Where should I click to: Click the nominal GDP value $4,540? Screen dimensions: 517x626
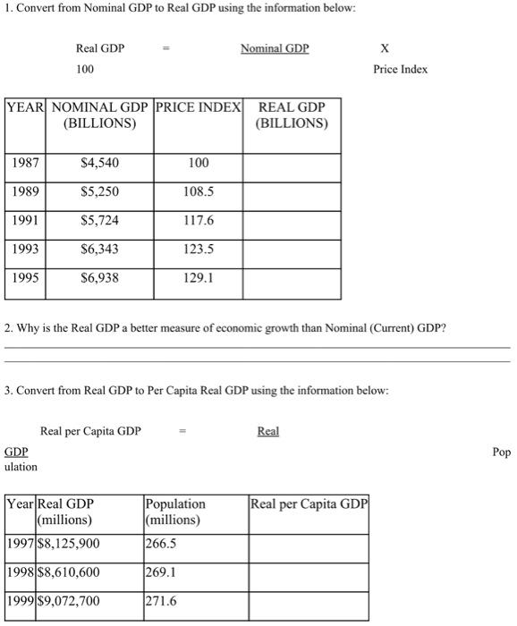(99, 163)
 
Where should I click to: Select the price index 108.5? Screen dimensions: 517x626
(199, 191)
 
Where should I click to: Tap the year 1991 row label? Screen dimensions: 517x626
(27, 220)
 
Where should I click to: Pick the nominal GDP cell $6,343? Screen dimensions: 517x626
(99, 249)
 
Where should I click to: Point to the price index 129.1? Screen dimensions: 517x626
(199, 278)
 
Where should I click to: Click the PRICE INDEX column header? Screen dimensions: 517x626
(199, 107)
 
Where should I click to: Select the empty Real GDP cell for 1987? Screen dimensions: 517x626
(292, 163)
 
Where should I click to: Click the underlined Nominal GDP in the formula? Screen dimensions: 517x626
(275, 48)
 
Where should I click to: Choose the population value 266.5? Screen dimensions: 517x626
(161, 543)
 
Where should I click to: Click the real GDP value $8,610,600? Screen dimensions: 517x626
(68, 571)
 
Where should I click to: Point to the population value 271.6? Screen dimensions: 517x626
(161, 601)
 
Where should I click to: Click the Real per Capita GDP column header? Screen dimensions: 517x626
(309, 504)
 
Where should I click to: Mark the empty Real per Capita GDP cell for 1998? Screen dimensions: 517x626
(309, 572)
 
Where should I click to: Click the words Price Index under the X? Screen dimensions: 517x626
(401, 69)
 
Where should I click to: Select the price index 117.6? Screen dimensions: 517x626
(199, 220)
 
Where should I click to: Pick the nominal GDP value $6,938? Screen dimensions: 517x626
(99, 278)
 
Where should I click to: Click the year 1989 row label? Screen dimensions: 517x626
(27, 191)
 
